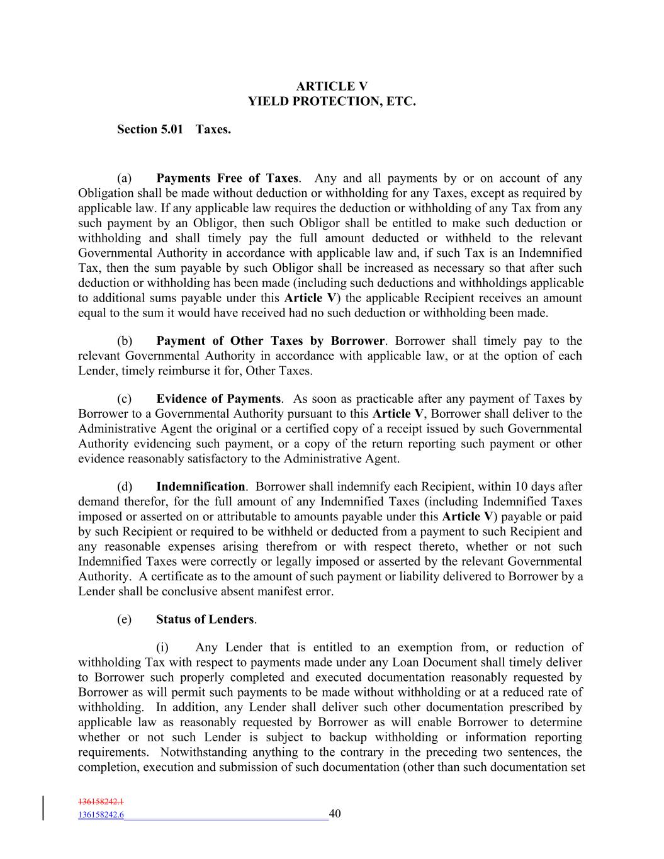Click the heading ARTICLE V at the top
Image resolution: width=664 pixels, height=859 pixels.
click(x=332, y=86)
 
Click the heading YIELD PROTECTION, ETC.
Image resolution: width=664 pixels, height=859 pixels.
click(x=332, y=101)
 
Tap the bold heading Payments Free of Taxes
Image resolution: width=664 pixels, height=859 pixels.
click(x=228, y=178)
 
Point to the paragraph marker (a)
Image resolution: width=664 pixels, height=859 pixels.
click(x=124, y=178)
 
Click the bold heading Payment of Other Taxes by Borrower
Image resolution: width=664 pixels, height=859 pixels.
click(x=270, y=341)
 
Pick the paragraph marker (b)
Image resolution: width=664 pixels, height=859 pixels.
click(x=125, y=341)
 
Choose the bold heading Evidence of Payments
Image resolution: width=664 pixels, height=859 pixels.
click(x=218, y=399)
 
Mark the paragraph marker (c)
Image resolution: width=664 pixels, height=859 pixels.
click(x=124, y=399)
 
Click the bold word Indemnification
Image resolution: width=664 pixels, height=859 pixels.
click(x=200, y=486)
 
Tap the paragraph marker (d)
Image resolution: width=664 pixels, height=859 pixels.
click(x=125, y=486)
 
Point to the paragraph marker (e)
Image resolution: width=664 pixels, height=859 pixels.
click(x=124, y=620)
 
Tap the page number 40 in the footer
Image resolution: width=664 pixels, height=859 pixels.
click(x=335, y=814)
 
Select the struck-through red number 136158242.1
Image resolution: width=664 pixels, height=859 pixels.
click(x=101, y=802)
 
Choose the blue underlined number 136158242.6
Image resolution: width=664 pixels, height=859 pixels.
click(x=101, y=815)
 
